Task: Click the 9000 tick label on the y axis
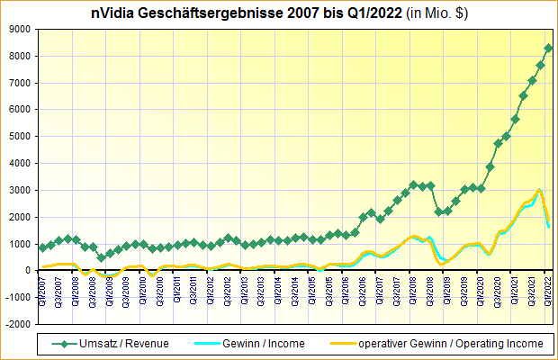(20, 29)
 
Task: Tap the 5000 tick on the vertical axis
(20, 136)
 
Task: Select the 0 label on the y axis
(28, 270)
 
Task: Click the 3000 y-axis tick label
(20, 190)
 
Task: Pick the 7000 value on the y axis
(20, 83)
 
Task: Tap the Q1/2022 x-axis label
(549, 290)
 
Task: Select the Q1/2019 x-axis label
(447, 290)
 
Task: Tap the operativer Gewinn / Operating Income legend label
(451, 343)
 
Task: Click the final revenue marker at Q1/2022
(549, 48)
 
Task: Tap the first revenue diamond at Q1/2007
(42, 247)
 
